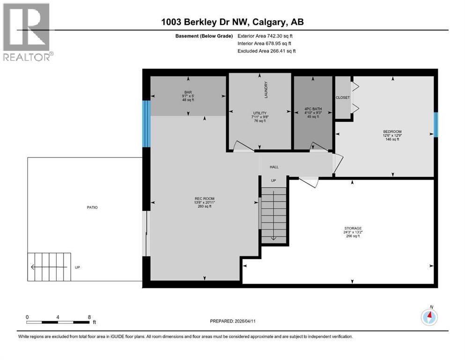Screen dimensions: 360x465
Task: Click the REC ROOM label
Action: tap(204, 199)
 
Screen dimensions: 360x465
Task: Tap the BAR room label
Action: tap(188, 92)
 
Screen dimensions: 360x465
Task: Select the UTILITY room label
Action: tap(259, 113)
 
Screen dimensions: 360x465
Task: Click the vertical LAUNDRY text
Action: tap(266, 90)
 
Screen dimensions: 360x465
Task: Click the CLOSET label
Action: tap(343, 97)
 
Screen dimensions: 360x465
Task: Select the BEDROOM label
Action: tap(392, 132)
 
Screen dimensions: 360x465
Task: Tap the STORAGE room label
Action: tap(353, 228)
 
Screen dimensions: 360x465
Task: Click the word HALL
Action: tap(274, 166)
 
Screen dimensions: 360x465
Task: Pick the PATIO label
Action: tap(92, 207)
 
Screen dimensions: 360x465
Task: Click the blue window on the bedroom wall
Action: tap(435, 125)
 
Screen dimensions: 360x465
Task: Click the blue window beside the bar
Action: tap(146, 124)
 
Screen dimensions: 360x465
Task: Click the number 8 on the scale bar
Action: tap(89, 317)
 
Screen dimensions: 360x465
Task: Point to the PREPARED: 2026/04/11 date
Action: tap(233, 321)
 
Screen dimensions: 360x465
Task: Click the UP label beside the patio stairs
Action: tap(77, 268)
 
